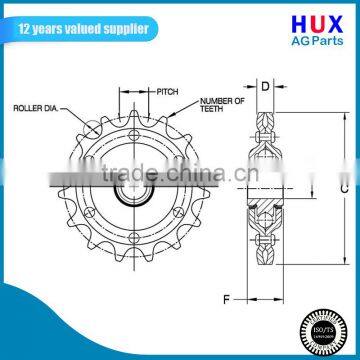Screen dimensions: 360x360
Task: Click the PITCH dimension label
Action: coord(167,91)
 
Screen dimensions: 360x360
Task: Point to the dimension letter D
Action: coord(265,86)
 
